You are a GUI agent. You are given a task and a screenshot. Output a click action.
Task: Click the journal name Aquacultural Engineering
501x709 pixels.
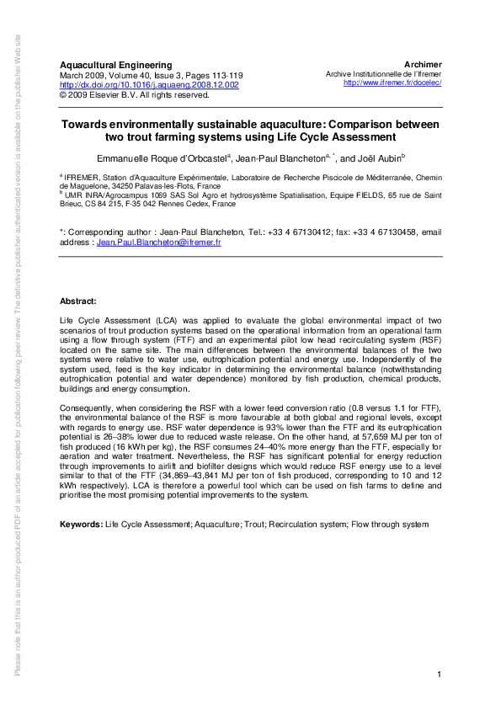coord(115,65)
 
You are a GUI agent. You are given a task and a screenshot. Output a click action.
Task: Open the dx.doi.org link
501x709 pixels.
coord(149,85)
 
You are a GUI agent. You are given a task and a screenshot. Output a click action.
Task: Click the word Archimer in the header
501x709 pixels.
coord(423,65)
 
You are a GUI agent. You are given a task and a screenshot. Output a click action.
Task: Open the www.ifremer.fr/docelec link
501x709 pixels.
coord(393,83)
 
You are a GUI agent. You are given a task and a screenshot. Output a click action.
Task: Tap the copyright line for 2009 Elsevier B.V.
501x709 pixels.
coord(134,95)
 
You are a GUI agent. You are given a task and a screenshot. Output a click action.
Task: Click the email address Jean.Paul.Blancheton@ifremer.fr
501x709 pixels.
coord(158,242)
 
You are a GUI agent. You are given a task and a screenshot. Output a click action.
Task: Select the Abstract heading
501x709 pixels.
coord(78,301)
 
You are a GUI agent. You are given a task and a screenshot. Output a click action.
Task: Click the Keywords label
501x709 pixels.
coord(81,525)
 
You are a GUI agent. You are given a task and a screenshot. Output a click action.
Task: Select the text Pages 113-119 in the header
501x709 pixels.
coord(213,75)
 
